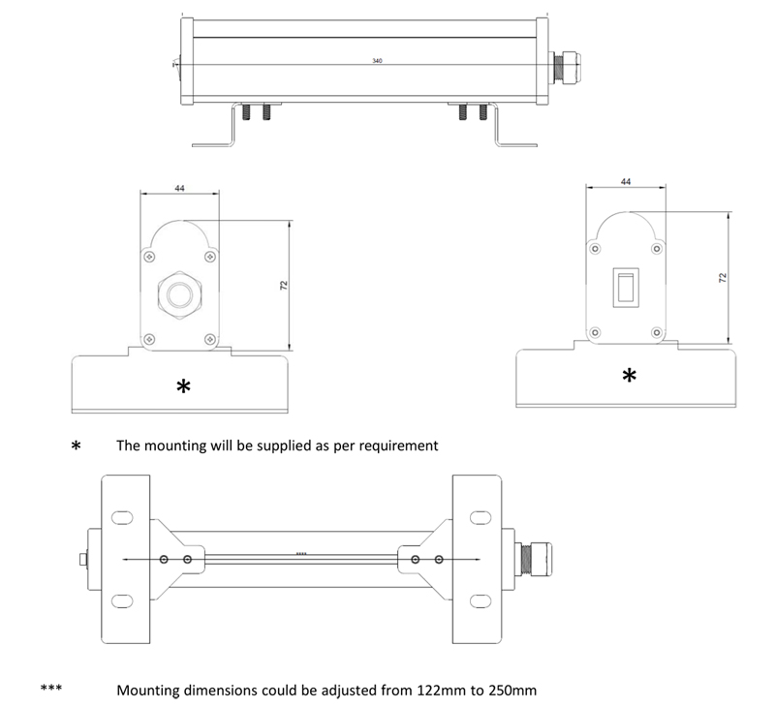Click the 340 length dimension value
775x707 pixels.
(x=378, y=61)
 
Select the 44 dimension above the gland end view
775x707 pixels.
(x=179, y=188)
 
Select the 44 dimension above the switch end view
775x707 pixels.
(x=625, y=181)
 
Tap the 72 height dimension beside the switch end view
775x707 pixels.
(x=722, y=277)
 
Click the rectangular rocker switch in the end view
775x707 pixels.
(x=626, y=287)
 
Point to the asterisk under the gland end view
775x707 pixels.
(x=183, y=387)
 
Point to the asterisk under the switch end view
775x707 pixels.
(x=630, y=376)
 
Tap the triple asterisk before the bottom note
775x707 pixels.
(x=51, y=690)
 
